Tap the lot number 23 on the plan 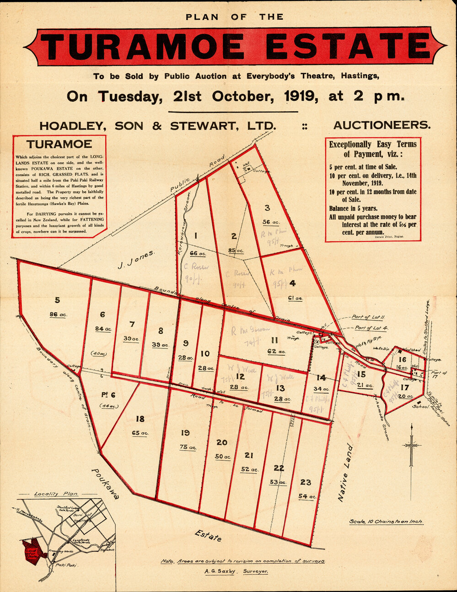click(x=306, y=482)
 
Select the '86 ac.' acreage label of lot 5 click(x=57, y=315)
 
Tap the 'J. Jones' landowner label click(x=136, y=261)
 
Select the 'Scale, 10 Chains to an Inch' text click(x=386, y=521)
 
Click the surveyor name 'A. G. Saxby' click(x=219, y=571)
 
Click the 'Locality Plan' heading click(x=56, y=494)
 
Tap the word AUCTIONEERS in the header click(x=382, y=125)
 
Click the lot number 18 click(x=140, y=418)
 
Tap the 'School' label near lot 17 click(x=420, y=407)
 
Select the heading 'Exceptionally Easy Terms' click(x=372, y=144)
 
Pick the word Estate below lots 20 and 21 click(x=208, y=536)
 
